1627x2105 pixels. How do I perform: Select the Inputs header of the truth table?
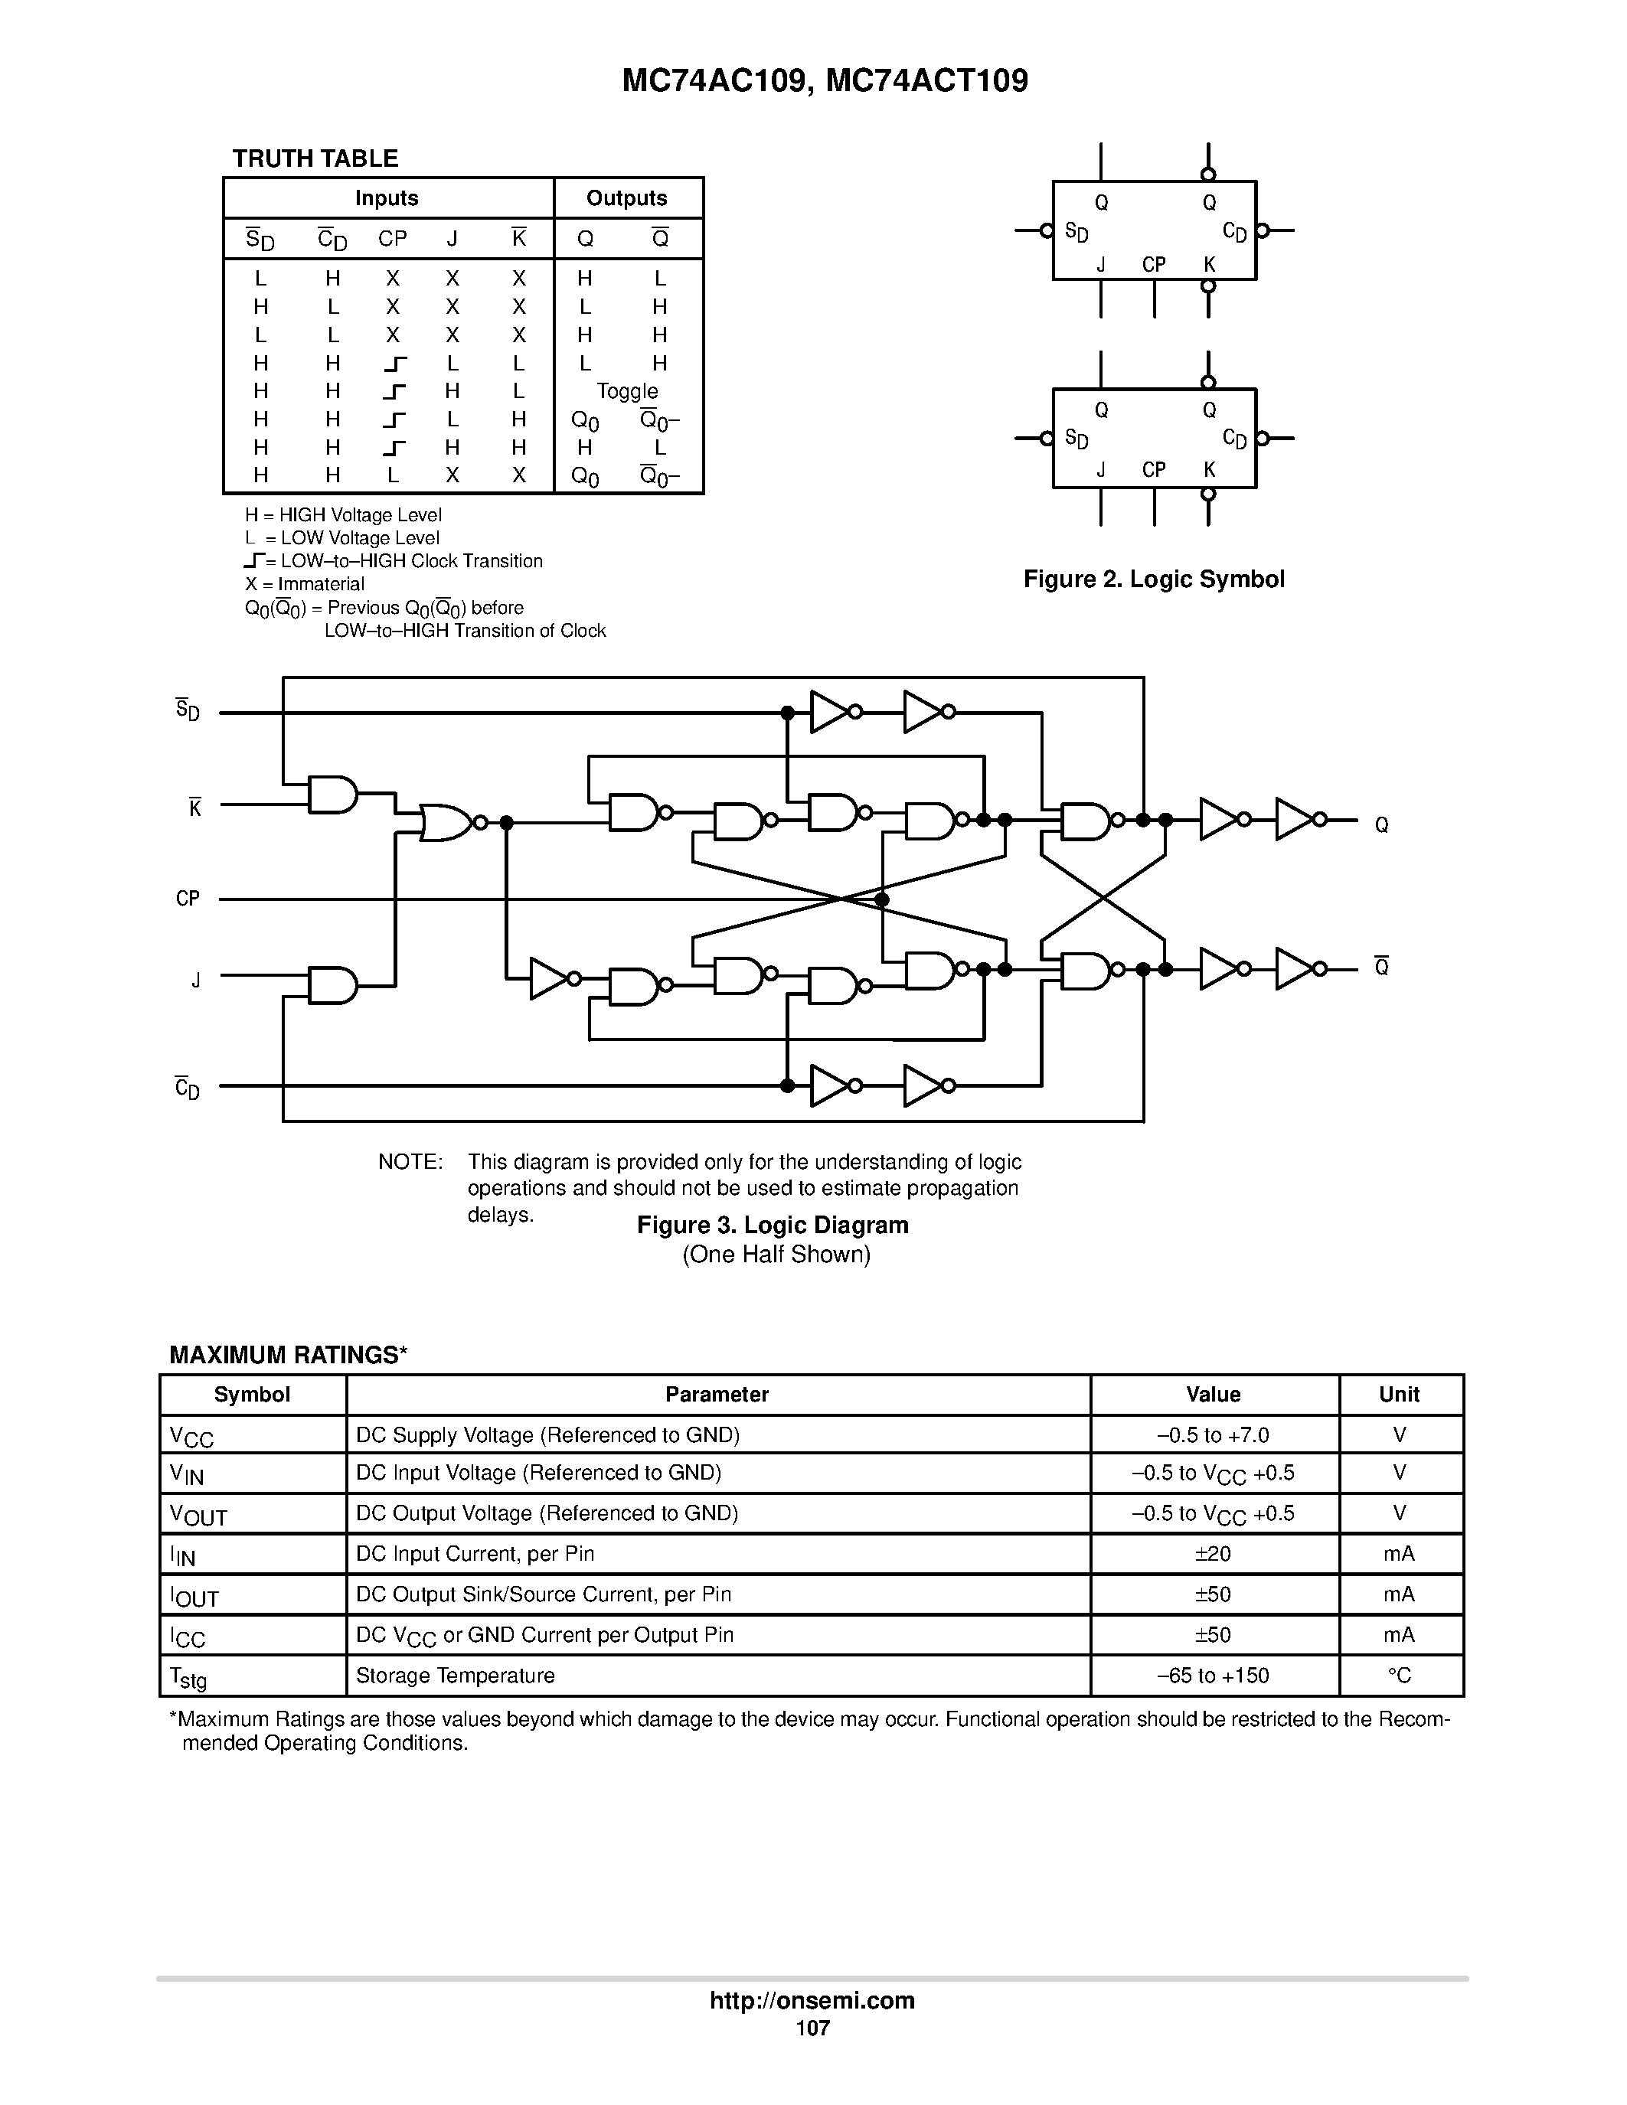(387, 198)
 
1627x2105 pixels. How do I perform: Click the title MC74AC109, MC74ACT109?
(825, 81)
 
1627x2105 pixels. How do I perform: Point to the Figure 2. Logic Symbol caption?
(1154, 579)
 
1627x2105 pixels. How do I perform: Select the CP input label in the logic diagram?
(188, 899)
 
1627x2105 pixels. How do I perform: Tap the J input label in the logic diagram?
(196, 981)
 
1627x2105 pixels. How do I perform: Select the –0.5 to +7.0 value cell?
(1214, 1435)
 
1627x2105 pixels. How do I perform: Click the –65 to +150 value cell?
(1214, 1676)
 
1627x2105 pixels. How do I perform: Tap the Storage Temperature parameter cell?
(455, 1676)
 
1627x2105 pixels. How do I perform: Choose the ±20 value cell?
(1214, 1554)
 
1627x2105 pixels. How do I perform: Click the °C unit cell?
(1400, 1676)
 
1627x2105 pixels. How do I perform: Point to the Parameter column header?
(717, 1395)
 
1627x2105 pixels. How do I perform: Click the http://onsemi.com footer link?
(812, 2001)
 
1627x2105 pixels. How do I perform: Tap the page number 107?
(812, 2028)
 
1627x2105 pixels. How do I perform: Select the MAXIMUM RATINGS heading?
(288, 1355)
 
